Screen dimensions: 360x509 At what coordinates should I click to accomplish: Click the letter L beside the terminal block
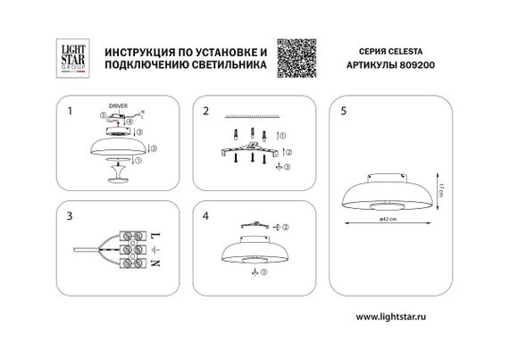pyautogui.click(x=158, y=232)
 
